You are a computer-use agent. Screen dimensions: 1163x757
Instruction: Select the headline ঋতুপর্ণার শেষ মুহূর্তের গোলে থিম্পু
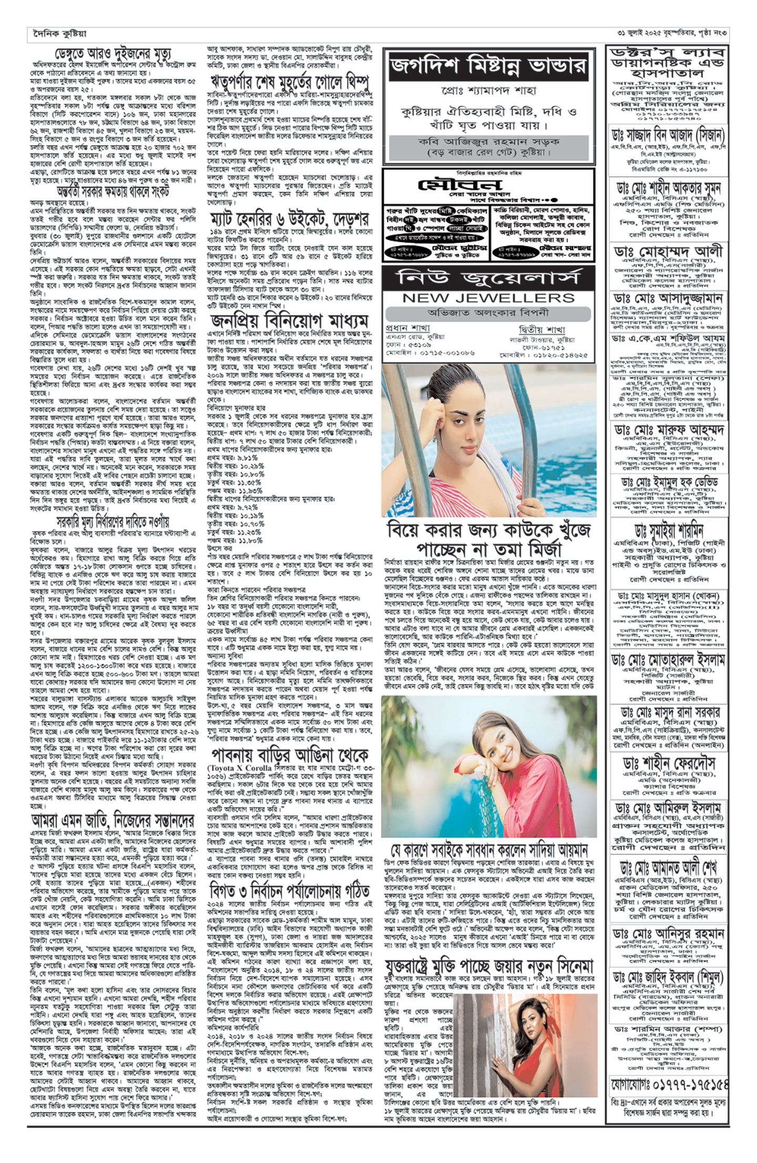coord(289,83)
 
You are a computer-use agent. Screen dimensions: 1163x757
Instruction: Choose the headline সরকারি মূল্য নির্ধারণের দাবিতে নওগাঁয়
coord(113,521)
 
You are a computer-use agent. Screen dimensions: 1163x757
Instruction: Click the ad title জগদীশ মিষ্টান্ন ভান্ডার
coord(489,67)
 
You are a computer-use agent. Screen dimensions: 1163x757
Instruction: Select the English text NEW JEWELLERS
coord(488,298)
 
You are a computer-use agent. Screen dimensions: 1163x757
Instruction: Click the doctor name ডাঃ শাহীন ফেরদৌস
coord(668,764)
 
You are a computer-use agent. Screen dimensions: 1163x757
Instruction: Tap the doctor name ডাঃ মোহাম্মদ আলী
coord(668,252)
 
